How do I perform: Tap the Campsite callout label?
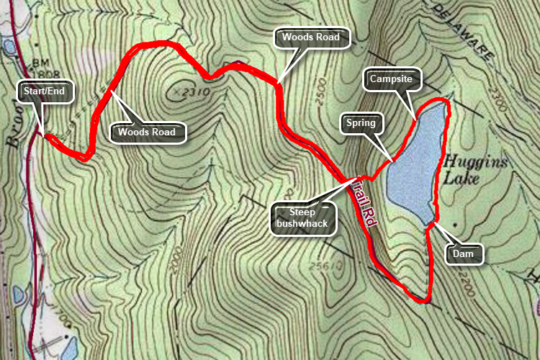(391, 78)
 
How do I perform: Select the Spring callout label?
(360, 122)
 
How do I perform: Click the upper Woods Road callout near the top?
(314, 37)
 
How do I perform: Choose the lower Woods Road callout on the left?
(147, 132)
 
